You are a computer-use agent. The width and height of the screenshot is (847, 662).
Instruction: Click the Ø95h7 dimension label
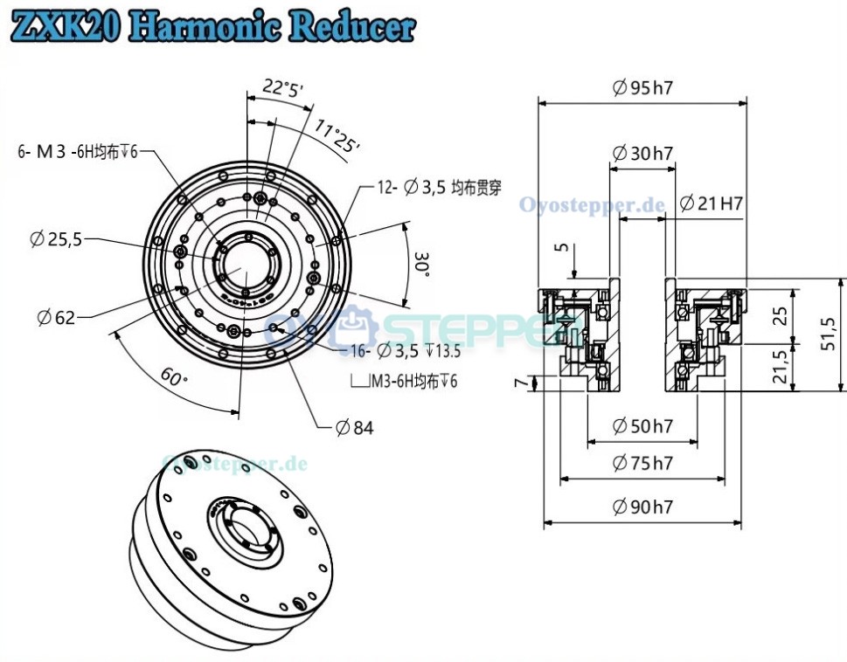pos(647,87)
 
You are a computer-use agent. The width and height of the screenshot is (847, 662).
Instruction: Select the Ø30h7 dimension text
pos(642,154)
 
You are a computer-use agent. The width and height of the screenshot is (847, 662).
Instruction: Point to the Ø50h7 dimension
pos(642,426)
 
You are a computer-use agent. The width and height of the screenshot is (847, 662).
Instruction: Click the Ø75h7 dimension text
pos(642,463)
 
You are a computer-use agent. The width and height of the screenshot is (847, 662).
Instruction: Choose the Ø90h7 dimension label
pos(642,506)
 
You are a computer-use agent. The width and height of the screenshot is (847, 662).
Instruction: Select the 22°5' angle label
pos(281,87)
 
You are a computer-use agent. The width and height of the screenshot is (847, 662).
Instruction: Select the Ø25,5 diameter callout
pos(56,238)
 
